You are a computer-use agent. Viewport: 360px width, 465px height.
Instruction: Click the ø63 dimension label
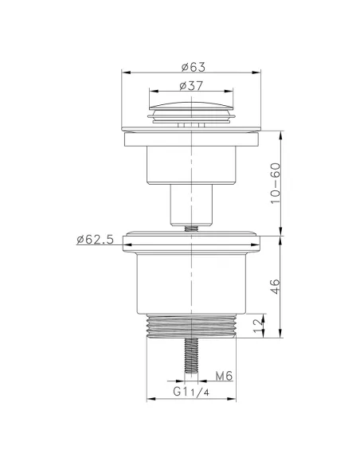[x=193, y=66]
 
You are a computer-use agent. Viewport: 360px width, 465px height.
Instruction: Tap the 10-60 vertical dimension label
[x=276, y=184]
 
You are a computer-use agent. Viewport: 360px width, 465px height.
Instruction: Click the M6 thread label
[x=225, y=377]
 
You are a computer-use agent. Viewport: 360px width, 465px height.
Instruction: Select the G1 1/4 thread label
[x=190, y=393]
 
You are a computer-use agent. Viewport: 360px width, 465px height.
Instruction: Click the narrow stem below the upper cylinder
[x=192, y=205]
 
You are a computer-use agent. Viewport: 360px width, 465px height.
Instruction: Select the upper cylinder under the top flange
[x=192, y=166]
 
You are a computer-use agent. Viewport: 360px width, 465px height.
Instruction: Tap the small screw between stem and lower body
[x=192, y=228]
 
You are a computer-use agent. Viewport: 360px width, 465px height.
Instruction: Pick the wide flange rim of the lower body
[x=192, y=244]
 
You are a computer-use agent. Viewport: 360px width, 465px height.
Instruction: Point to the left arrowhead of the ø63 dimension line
[x=124, y=72]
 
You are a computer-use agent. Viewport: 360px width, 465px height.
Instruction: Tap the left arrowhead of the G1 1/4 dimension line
[x=150, y=399]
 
